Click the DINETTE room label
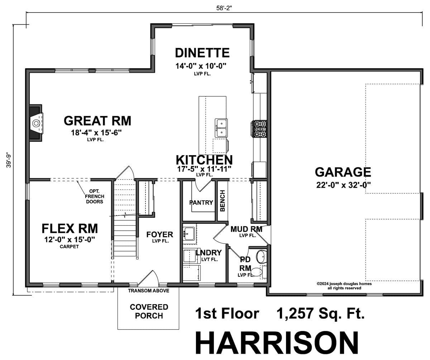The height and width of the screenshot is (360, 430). [x=202, y=53]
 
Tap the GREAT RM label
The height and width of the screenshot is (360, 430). [x=97, y=121]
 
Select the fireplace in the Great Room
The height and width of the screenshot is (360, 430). [x=36, y=123]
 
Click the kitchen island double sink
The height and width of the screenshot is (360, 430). [x=221, y=128]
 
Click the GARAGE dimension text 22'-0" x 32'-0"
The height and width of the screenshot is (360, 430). [x=343, y=185]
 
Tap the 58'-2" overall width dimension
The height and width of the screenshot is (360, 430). [x=224, y=8]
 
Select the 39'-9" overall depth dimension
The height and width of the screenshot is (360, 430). [x=9, y=160]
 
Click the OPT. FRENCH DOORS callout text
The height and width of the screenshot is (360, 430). [x=95, y=196]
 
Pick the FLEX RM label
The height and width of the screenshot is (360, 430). [x=70, y=229]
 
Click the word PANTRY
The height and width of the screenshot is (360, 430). [x=201, y=202]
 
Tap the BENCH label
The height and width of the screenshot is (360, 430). [x=223, y=201]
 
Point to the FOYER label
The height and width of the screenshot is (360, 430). [x=159, y=234]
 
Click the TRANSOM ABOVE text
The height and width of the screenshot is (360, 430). [x=148, y=291]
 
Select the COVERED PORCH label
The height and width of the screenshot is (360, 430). [x=149, y=311]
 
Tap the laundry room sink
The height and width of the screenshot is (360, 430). [x=188, y=234]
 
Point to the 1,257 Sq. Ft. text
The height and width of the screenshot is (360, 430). [x=320, y=313]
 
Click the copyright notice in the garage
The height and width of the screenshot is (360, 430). [x=344, y=286]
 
